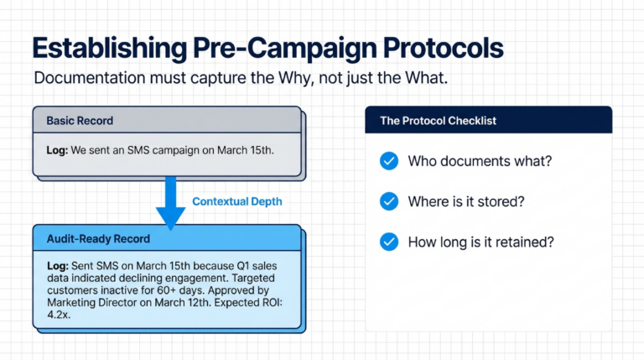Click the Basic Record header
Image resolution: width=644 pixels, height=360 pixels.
80,121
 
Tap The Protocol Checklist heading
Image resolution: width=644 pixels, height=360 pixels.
438,121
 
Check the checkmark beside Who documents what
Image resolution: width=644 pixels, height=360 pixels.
388,161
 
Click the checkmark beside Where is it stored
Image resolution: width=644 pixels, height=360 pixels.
388,201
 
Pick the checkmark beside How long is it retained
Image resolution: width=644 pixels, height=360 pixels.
388,242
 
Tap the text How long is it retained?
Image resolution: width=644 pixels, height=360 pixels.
480,242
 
